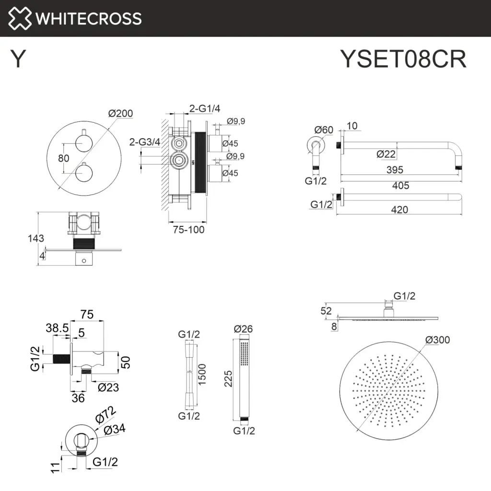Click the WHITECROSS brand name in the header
(x=89, y=18)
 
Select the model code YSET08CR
(x=403, y=60)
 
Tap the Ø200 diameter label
(x=120, y=114)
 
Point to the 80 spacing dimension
(x=63, y=158)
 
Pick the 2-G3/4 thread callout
(x=145, y=142)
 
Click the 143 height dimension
(x=36, y=238)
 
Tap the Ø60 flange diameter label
(x=324, y=129)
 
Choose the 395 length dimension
(x=395, y=170)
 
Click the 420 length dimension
(x=399, y=210)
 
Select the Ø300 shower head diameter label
(x=437, y=340)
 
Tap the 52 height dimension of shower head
(x=326, y=311)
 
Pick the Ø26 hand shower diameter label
(x=243, y=329)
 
